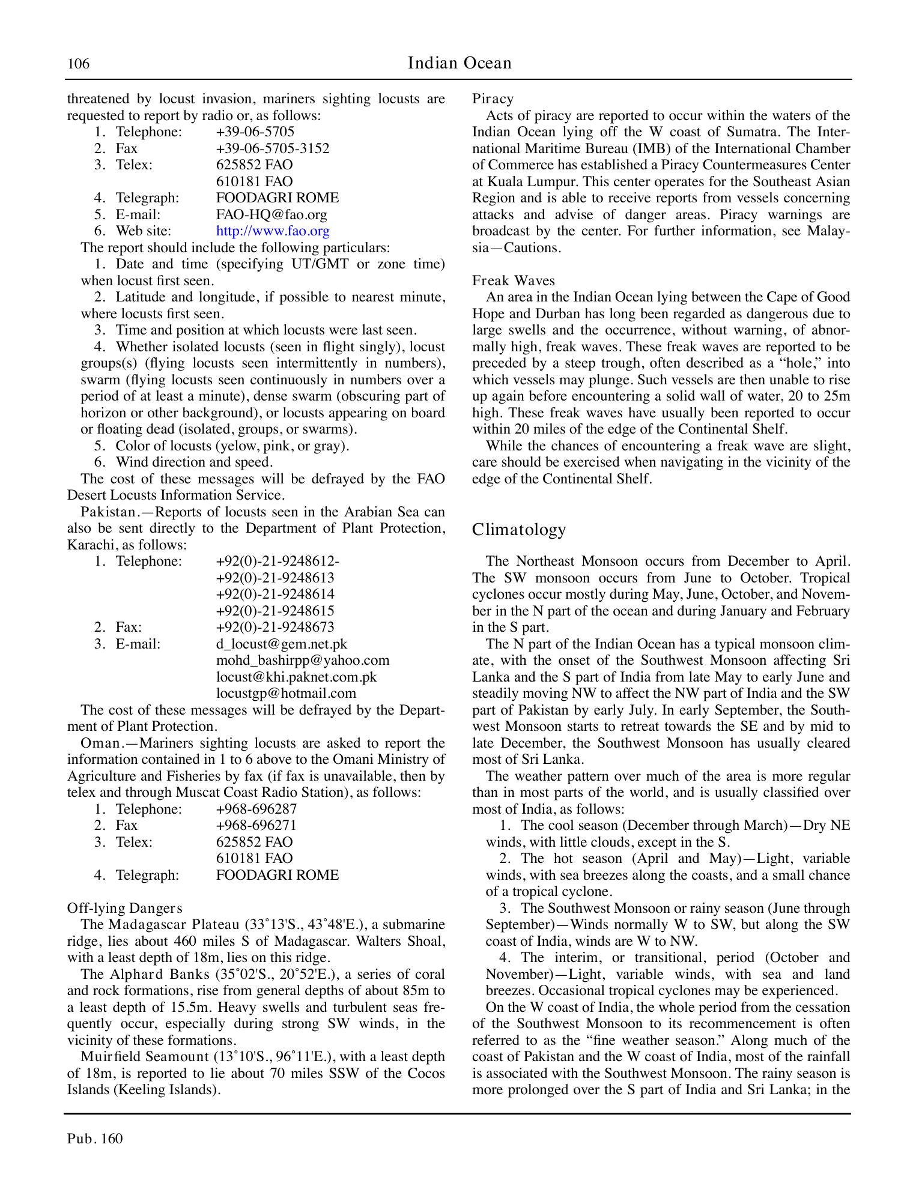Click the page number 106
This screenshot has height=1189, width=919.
point(78,64)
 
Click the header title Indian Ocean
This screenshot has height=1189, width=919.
point(459,63)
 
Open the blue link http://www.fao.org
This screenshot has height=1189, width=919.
point(272,231)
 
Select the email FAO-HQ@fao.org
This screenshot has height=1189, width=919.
point(271,214)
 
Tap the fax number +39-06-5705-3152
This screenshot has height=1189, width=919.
point(272,148)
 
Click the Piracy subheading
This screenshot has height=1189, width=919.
point(493,99)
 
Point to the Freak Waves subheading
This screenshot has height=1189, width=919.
point(513,280)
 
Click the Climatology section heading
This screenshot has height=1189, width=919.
point(519,529)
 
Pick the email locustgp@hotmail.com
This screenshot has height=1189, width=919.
point(286,693)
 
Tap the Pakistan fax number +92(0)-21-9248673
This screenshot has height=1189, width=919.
point(274,627)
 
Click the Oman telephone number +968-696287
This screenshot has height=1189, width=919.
point(256,809)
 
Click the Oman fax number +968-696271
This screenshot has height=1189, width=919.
point(256,825)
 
